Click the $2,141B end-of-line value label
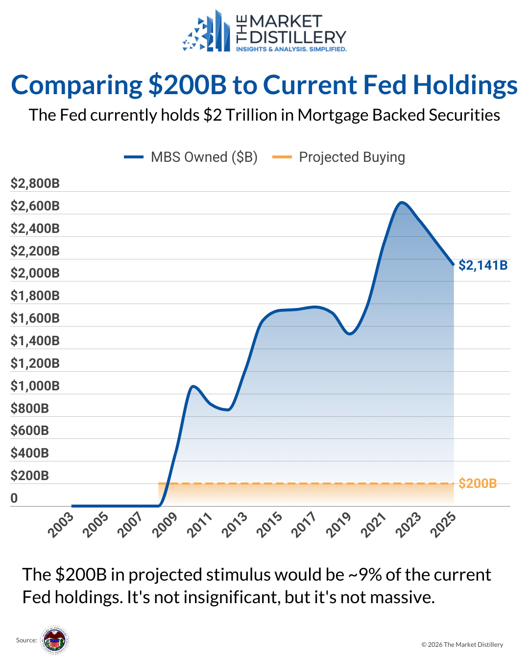[x=483, y=265]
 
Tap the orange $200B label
[x=478, y=484]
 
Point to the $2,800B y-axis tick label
[x=35, y=183]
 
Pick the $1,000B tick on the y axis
[x=35, y=386]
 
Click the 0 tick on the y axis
[x=14, y=498]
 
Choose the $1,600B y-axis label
[x=35, y=318]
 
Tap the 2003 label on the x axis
[x=61, y=524]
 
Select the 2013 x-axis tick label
[x=235, y=524]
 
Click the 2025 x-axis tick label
[x=444, y=524]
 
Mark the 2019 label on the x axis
[x=339, y=524]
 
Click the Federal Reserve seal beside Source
[x=54, y=640]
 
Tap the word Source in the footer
[x=26, y=640]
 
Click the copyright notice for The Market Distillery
[x=462, y=644]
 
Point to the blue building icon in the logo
[x=208, y=32]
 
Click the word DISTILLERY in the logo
[x=298, y=37]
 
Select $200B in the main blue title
[x=188, y=85]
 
